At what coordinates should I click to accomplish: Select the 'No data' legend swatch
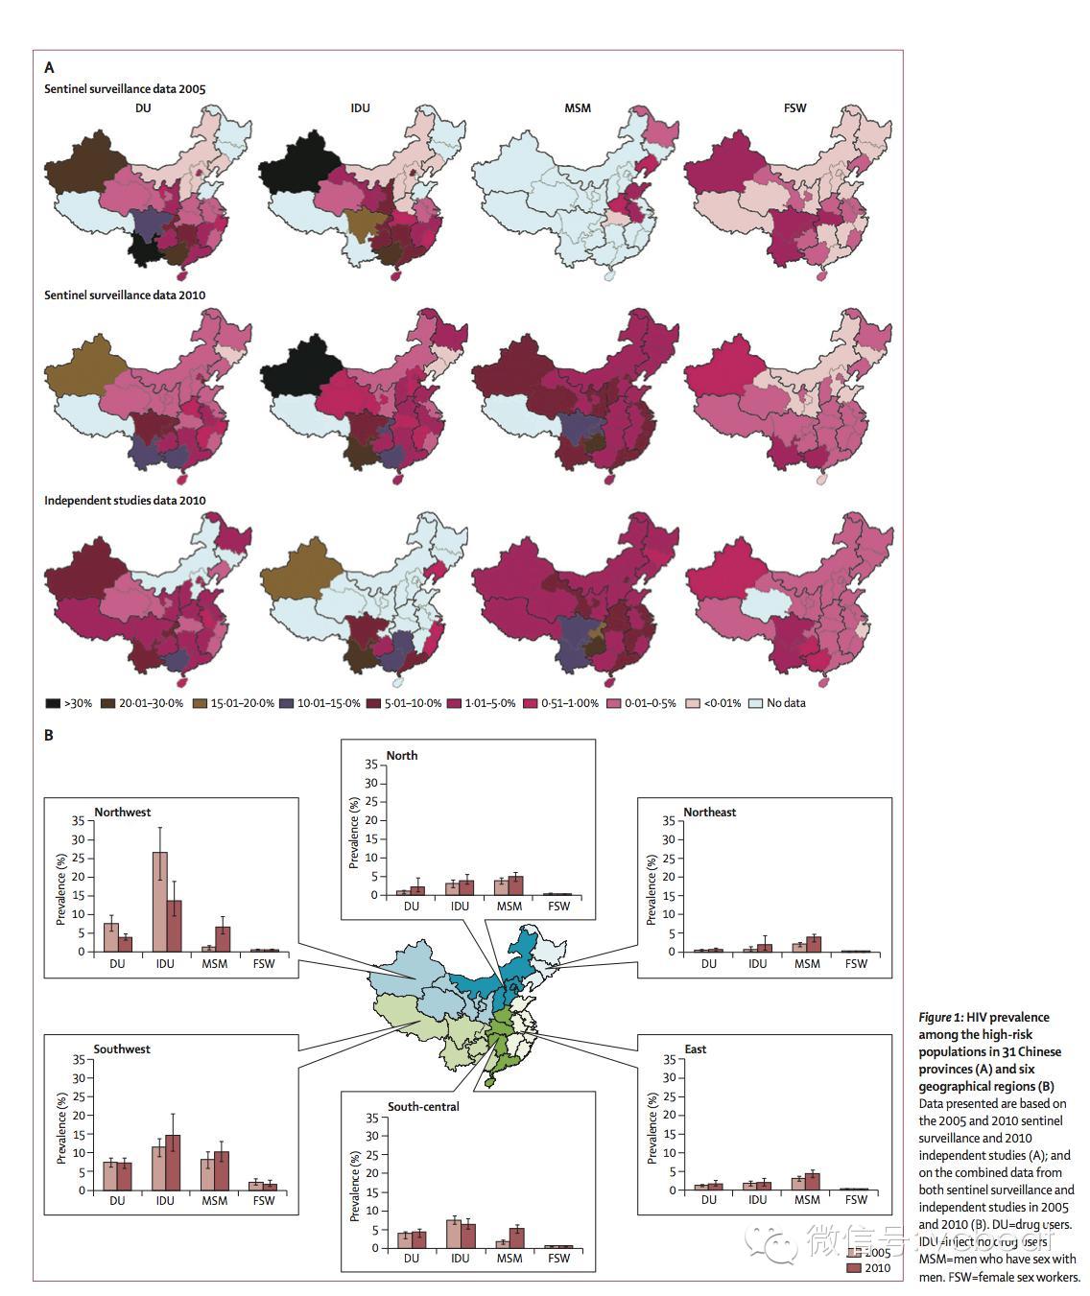pyautogui.click(x=755, y=703)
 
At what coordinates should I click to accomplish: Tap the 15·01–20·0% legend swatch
pyautogui.click(x=201, y=703)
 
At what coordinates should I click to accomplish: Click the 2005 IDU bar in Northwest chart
pyautogui.click(x=159, y=902)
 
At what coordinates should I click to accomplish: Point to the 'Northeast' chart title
pyautogui.click(x=709, y=813)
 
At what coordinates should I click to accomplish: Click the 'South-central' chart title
pyautogui.click(x=423, y=1107)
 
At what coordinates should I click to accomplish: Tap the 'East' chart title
pyautogui.click(x=695, y=1049)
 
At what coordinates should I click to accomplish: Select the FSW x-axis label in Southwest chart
pyautogui.click(x=263, y=1201)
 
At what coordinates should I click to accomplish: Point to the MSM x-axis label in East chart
pyautogui.click(x=807, y=1200)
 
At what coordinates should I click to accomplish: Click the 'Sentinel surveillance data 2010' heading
pyautogui.click(x=125, y=295)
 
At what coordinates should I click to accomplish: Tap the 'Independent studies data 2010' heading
pyautogui.click(x=125, y=501)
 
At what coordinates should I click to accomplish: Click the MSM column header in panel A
pyautogui.click(x=578, y=108)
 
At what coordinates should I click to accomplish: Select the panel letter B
pyautogui.click(x=49, y=736)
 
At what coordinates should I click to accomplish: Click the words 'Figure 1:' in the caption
pyautogui.click(x=940, y=1017)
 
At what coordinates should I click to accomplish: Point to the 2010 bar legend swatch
pyautogui.click(x=854, y=1268)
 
